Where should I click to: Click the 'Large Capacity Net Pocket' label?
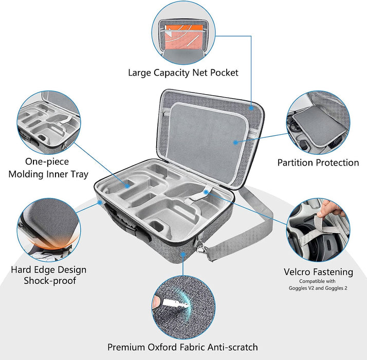[183, 73]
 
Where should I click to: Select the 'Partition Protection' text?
[318, 163]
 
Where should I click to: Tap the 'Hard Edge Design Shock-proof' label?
[49, 275]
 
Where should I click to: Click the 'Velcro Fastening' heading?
[318, 272]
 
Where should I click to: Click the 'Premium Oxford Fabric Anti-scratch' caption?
[183, 347]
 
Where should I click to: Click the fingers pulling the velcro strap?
[334, 208]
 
